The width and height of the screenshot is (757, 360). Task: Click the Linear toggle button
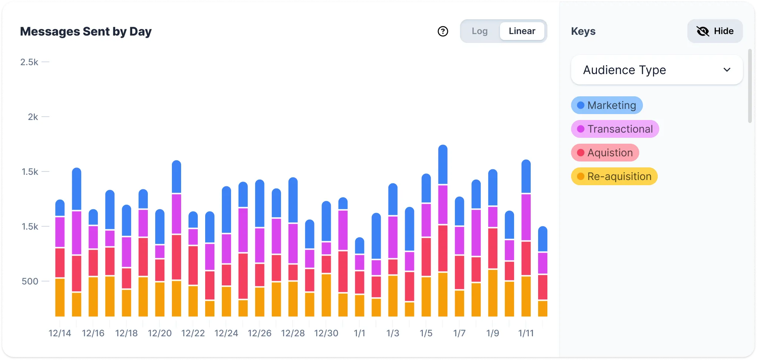522,31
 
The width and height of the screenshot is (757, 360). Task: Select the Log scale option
480,31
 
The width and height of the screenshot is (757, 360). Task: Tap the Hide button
715,31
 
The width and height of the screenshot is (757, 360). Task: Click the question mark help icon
443,31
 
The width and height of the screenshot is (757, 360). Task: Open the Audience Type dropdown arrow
727,70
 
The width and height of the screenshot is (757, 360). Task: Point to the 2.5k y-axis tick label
29,62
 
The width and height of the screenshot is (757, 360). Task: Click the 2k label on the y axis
33,117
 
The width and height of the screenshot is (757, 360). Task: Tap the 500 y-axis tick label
30,281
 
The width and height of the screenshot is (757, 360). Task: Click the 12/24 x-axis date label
226,333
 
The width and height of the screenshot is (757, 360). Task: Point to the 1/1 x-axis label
360,333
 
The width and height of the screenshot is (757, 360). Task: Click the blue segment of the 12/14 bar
60,208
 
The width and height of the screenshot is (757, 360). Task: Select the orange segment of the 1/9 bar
493,293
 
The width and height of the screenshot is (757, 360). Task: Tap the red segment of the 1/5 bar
426,257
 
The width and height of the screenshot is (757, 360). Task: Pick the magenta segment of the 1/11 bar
526,217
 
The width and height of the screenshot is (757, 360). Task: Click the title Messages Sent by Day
86,31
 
